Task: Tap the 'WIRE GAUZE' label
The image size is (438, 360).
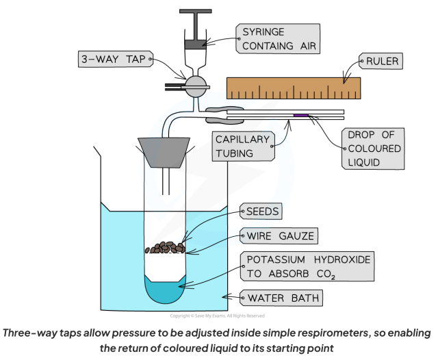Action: [x=271, y=237]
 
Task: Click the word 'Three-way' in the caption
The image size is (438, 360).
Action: [x=38, y=333]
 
